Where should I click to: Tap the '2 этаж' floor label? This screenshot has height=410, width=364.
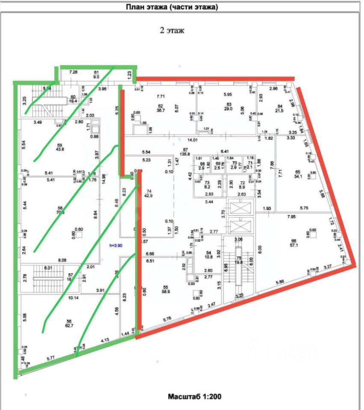(x=172, y=31)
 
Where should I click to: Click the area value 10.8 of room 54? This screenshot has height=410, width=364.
(x=209, y=257)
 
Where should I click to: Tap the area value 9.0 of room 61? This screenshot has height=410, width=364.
(x=96, y=78)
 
